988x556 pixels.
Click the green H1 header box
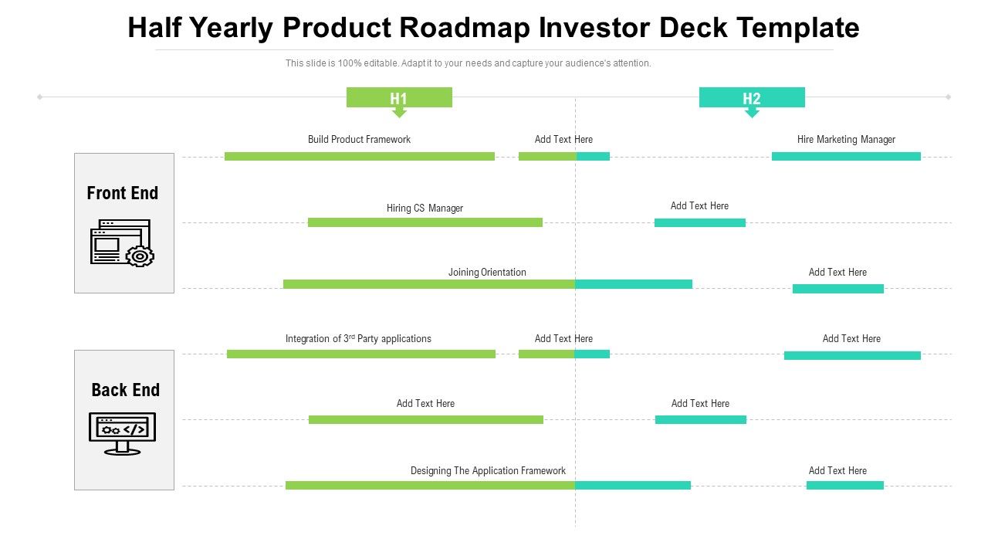pyautogui.click(x=398, y=97)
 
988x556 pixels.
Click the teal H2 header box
pyautogui.click(x=752, y=97)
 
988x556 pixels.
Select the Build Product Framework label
pyautogui.click(x=359, y=140)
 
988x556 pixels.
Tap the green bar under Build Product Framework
pyautogui.click(x=359, y=156)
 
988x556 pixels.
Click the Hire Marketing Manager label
pyautogui.click(x=846, y=140)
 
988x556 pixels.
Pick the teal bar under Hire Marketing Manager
pyautogui.click(x=846, y=156)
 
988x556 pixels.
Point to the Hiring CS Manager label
pyautogui.click(x=425, y=208)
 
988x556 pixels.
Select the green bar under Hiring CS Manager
pyautogui.click(x=425, y=222)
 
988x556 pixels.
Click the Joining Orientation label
pyautogui.click(x=487, y=272)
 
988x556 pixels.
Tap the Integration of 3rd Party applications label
pyautogui.click(x=358, y=338)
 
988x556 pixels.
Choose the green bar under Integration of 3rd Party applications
pyautogui.click(x=360, y=354)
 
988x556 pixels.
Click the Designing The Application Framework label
pyautogui.click(x=488, y=470)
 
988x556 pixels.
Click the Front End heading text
pyautogui.click(x=123, y=193)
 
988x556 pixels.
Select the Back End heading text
pyautogui.click(x=125, y=390)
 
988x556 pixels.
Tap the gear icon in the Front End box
pyautogui.click(x=140, y=256)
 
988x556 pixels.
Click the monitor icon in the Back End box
pyautogui.click(x=123, y=432)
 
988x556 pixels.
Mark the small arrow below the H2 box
pyautogui.click(x=752, y=113)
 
